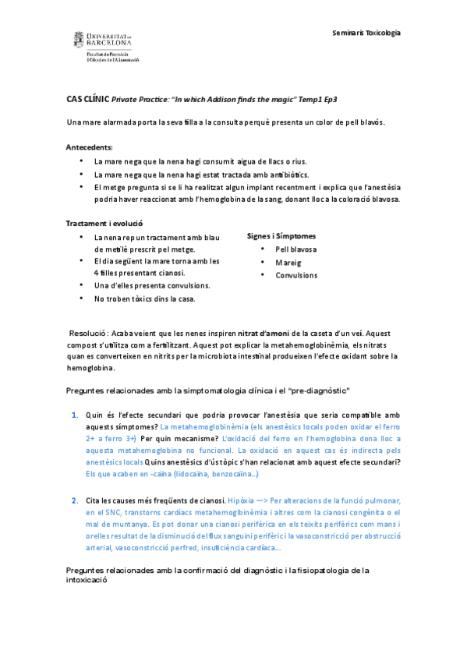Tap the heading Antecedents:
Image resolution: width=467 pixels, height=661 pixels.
[89, 147]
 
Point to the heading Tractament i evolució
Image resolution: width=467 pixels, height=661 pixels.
[104, 223]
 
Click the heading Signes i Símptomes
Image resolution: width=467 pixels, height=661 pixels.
[281, 235]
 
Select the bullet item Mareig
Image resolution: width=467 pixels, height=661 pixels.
[288, 262]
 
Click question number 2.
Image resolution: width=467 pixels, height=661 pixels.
[75, 500]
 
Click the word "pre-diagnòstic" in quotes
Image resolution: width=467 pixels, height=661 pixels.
[319, 389]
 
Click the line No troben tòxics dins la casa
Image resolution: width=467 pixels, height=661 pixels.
[144, 298]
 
